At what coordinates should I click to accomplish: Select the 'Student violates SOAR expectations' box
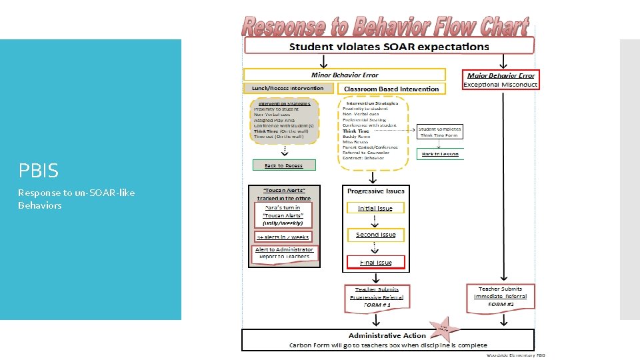click(390, 47)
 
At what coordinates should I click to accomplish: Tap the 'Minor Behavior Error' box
click(345, 75)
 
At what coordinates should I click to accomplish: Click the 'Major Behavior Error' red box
click(501, 75)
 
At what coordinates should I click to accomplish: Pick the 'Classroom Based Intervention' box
click(391, 89)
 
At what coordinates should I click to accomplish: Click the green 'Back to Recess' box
click(284, 165)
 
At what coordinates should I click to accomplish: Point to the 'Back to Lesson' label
click(439, 154)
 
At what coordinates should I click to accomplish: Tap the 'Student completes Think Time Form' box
click(439, 131)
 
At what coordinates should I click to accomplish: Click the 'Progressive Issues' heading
click(376, 191)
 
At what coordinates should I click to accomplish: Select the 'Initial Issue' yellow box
click(375, 208)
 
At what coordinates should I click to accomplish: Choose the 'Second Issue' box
click(375, 235)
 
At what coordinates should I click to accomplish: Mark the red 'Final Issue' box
click(375, 262)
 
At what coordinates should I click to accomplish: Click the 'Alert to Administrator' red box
click(285, 253)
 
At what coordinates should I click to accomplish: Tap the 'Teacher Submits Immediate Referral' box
click(501, 296)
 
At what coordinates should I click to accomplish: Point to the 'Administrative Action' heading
click(388, 335)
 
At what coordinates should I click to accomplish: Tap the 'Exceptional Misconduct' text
click(501, 85)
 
